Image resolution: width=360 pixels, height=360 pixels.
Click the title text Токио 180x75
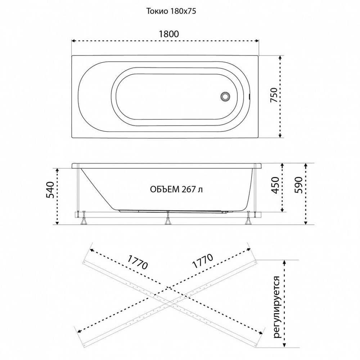171,11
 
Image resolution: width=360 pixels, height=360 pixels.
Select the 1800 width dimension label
169,34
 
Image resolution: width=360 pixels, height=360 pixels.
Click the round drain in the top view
225,96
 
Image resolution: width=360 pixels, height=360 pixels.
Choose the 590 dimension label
298,185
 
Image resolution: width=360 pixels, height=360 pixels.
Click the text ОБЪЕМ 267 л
176,189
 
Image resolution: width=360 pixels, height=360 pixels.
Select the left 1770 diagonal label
137,262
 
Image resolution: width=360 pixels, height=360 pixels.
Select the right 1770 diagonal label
203,261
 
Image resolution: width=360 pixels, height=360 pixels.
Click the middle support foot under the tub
168,221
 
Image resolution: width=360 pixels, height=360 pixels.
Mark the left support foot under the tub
84,221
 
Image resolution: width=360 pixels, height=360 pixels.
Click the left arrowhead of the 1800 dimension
73,41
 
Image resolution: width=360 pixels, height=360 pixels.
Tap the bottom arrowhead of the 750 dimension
280,136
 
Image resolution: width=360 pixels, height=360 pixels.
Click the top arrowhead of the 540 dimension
57,170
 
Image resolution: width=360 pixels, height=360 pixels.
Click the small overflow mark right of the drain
249,96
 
